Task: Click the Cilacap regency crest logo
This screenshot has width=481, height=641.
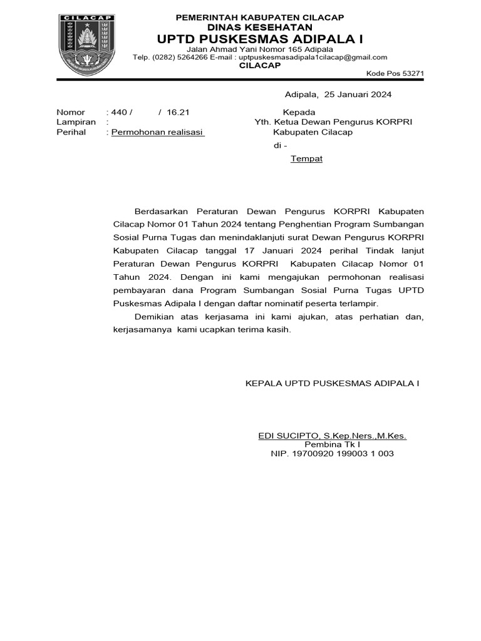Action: (87, 46)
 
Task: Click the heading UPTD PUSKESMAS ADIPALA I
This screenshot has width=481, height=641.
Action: (260, 39)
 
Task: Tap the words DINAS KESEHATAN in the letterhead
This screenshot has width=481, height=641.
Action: (260, 28)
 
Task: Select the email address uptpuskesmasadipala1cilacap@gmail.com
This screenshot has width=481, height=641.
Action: (313, 58)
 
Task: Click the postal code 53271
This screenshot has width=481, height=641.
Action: (413, 74)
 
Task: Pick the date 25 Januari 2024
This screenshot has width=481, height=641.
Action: (355, 95)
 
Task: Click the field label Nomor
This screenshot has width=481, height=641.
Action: (70, 112)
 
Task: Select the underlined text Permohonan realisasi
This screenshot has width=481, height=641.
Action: (158, 133)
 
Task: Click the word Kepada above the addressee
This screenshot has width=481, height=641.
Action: (299, 112)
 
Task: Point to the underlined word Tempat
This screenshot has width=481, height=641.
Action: (306, 159)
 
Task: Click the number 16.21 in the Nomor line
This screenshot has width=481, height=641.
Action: (178, 112)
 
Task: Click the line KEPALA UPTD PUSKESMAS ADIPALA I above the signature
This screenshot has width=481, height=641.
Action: (332, 382)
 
